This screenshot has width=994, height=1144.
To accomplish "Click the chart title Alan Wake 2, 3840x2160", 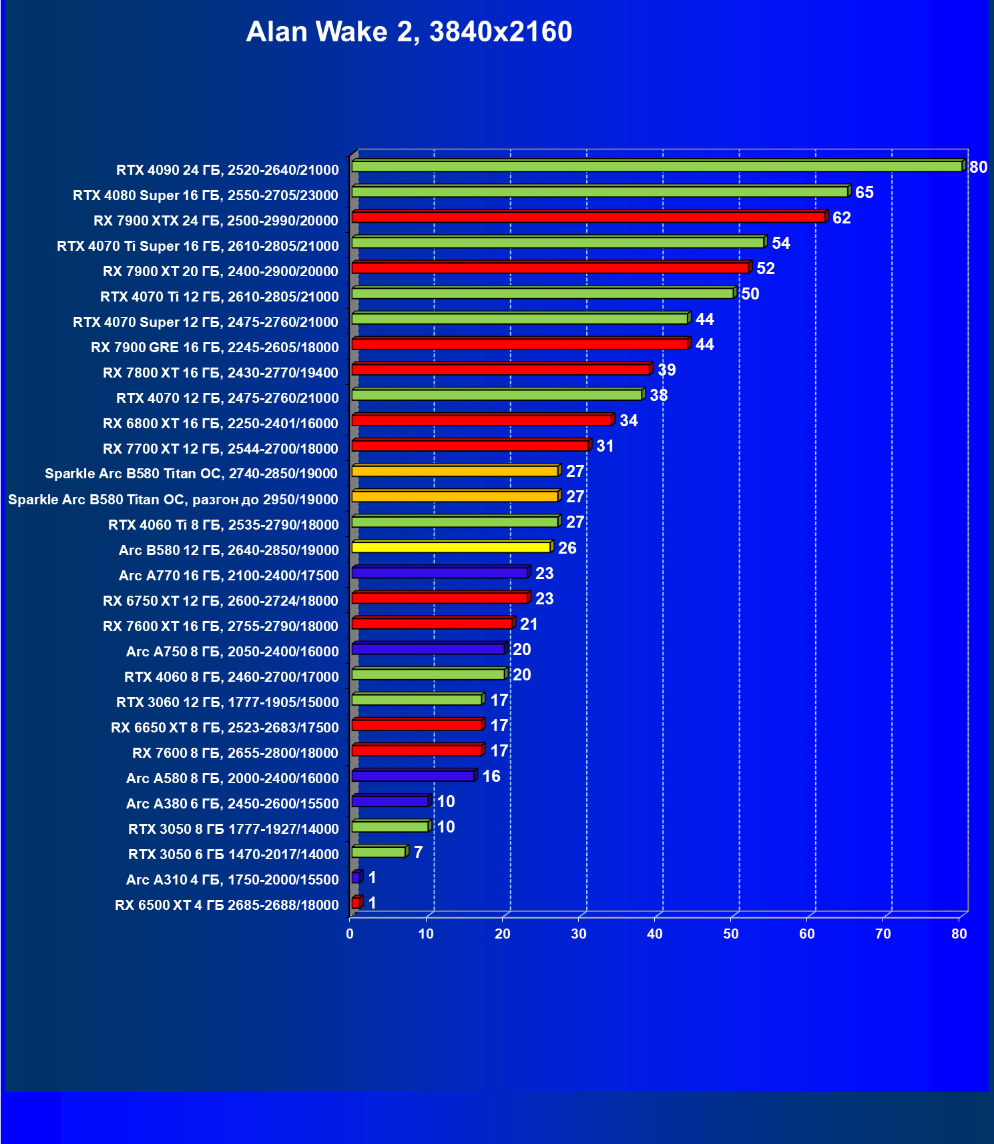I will pos(409,31).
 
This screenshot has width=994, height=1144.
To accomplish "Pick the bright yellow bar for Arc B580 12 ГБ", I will pos(451,548).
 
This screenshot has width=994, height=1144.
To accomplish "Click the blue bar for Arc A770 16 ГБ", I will pos(439,573).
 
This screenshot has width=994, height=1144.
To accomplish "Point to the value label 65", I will pos(864,193).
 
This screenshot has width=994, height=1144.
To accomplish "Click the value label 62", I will pos(841,218).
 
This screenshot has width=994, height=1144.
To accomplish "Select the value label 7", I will pos(418,852).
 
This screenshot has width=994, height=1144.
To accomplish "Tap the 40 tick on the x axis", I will pos(655,934).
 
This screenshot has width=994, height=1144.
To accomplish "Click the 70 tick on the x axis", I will pos(883,934).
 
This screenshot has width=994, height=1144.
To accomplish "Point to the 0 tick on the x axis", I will pos(350,934).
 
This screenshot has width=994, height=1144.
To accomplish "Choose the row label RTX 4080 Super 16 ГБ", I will pos(206,195).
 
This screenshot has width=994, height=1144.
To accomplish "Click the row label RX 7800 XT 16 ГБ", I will pos(220,373).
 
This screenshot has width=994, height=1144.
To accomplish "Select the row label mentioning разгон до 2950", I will pos(173,500).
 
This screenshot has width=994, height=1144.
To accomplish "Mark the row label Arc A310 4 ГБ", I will pos(232,880).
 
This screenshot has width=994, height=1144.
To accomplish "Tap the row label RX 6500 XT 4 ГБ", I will pos(226,905).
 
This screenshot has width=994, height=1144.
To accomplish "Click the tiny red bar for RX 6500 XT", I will pos(356,903).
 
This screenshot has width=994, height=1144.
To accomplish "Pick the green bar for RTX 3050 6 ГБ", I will pos(379,852).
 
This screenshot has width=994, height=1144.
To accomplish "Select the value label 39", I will pos(666,370).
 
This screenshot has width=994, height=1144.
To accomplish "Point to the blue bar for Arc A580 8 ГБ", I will pos(413,776).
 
